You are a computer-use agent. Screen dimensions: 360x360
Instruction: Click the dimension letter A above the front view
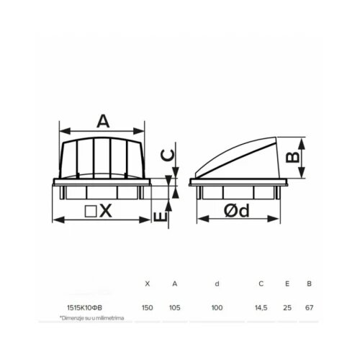[103, 121]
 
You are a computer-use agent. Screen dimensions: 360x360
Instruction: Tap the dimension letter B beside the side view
[293, 158]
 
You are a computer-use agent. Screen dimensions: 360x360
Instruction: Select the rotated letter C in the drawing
[166, 155]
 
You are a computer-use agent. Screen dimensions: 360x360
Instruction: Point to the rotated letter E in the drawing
[160, 217]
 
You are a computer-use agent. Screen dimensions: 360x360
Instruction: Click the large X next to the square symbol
[106, 211]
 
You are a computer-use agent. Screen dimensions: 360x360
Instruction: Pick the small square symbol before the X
[91, 211]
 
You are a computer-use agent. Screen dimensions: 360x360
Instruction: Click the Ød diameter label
[237, 211]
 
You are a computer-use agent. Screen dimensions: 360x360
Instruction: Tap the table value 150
[147, 307]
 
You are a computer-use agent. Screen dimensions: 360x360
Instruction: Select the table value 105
[175, 307]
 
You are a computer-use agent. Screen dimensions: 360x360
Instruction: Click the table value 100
[217, 307]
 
